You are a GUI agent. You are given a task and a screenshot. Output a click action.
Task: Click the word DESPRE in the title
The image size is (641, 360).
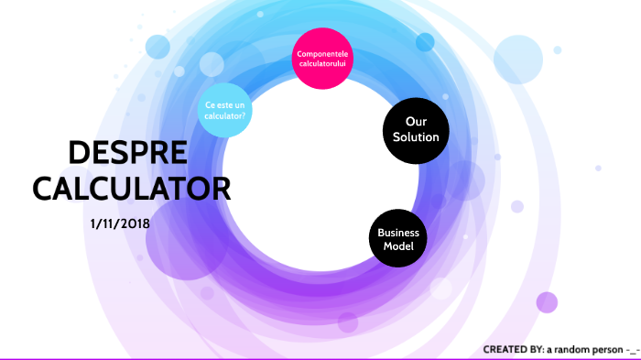[x=128, y=153]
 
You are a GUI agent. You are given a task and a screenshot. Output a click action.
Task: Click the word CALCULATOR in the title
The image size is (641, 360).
[x=131, y=189]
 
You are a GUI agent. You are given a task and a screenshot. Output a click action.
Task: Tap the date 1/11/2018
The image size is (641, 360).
[x=121, y=223]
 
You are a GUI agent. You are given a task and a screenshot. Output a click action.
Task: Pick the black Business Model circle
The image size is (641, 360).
[x=398, y=239]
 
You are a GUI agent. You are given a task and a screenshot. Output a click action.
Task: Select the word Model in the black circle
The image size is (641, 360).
[x=398, y=246]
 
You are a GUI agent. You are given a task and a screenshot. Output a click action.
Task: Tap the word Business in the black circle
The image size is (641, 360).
[x=398, y=233]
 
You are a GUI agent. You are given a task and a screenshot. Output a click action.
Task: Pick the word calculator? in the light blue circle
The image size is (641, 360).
[x=224, y=116]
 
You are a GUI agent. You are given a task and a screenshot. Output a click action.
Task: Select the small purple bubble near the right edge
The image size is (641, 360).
[x=547, y=302]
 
